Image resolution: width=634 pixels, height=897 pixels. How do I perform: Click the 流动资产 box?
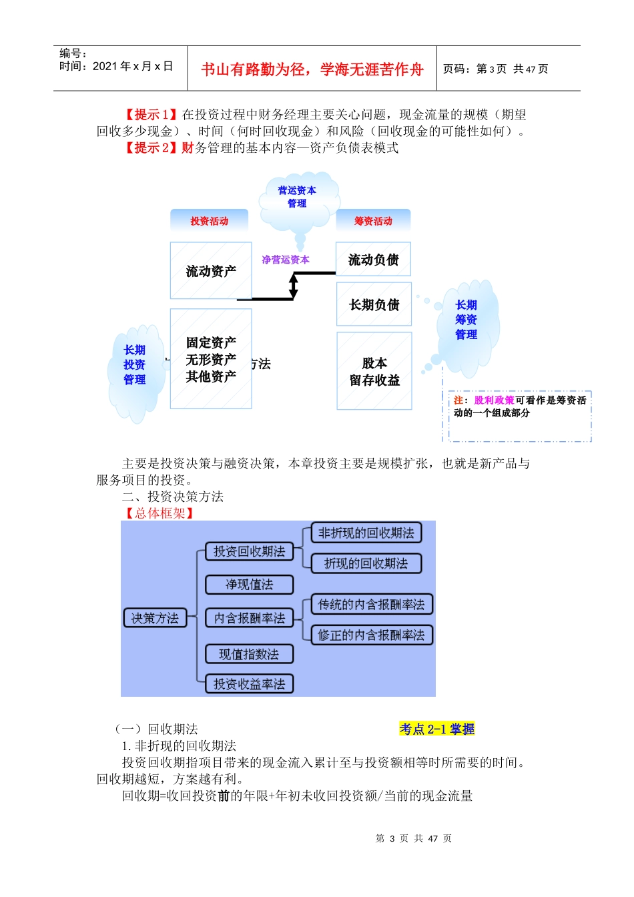tap(211, 270)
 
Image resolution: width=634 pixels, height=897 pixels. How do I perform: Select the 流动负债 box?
tap(373, 260)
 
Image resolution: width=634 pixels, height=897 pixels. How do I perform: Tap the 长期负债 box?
tap(374, 304)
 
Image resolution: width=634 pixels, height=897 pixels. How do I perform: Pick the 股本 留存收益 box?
tap(374, 371)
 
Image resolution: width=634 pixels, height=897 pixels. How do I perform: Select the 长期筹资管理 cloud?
tap(466, 320)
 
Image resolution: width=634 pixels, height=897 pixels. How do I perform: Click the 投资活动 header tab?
tap(209, 221)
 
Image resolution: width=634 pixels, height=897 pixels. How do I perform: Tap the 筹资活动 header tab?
tap(373, 221)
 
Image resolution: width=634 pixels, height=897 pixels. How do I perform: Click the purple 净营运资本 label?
tap(285, 260)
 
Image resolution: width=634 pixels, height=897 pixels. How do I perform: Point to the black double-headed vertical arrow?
tap(294, 286)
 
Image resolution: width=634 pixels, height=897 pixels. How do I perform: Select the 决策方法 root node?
tap(155, 618)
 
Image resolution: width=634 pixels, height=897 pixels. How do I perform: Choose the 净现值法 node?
tap(249, 585)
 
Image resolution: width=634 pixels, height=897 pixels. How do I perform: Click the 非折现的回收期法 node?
tap(366, 533)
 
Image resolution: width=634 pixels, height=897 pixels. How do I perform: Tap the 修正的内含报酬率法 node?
tap(371, 635)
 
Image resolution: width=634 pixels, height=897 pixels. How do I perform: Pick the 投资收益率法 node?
tap(249, 683)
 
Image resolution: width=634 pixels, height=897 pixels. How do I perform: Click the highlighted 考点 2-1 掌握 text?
tap(436, 729)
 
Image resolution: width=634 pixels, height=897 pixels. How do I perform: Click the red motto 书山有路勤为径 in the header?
tap(312, 69)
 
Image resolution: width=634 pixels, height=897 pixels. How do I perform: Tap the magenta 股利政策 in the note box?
tap(494, 400)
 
